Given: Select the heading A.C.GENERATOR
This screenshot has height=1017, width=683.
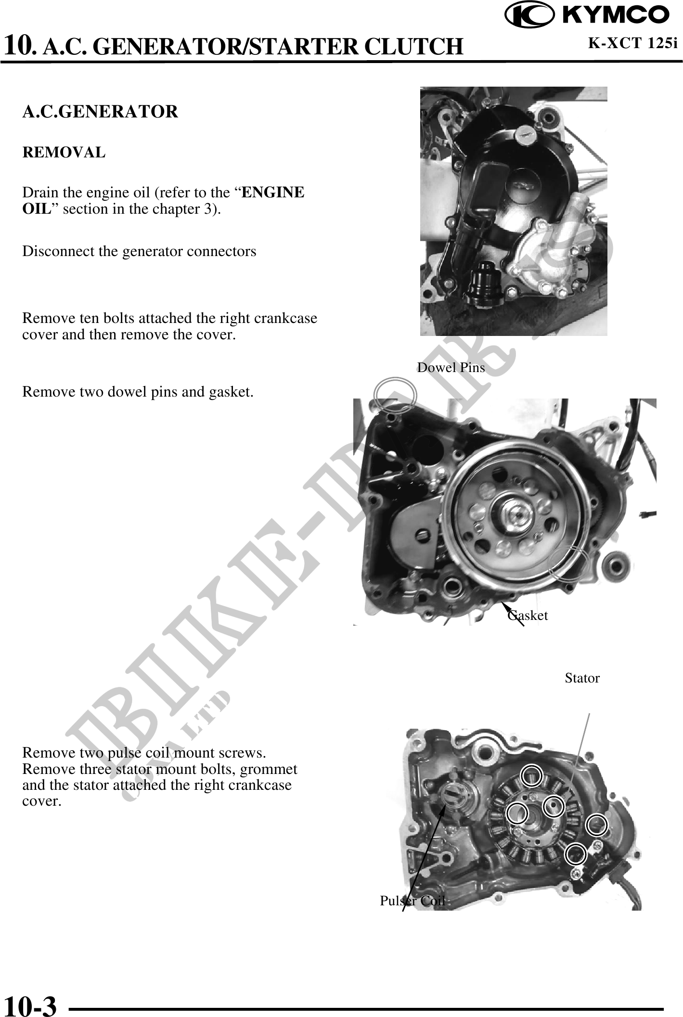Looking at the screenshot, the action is pyautogui.click(x=100, y=112).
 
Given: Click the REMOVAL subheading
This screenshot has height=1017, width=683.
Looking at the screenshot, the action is pyautogui.click(x=64, y=153).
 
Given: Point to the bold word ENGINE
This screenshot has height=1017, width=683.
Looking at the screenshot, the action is pyautogui.click(x=273, y=193).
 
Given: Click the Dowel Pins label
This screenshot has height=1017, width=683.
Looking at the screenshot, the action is pyautogui.click(x=451, y=368).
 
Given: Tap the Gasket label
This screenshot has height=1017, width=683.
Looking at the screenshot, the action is pyautogui.click(x=528, y=615).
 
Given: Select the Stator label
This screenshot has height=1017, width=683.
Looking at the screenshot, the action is pyautogui.click(x=582, y=678).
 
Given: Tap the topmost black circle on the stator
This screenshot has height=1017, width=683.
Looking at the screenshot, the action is pyautogui.click(x=531, y=775).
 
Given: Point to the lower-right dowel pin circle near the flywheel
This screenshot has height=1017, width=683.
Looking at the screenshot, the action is pyautogui.click(x=568, y=564).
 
